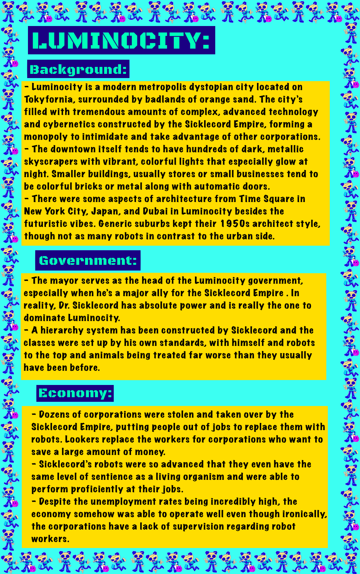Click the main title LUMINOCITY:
click(x=121, y=41)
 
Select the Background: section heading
click(x=78, y=69)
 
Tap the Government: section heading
click(x=88, y=260)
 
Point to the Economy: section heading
click(x=75, y=393)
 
